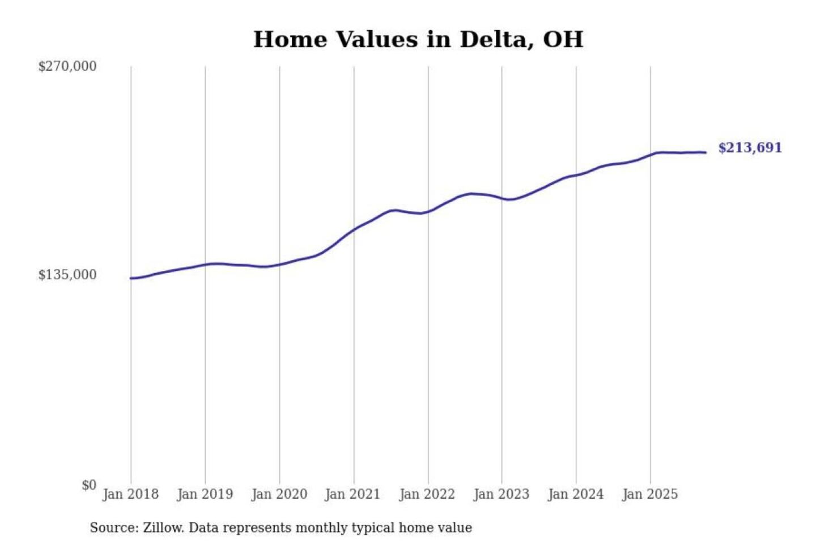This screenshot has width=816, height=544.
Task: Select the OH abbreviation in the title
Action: (563, 40)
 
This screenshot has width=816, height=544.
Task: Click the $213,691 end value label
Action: (750, 148)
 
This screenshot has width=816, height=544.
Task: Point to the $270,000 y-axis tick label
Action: (67, 66)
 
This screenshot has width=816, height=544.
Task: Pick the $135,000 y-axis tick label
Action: (67, 275)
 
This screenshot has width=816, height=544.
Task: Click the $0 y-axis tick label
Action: (89, 485)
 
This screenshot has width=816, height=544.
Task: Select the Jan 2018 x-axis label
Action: (130, 494)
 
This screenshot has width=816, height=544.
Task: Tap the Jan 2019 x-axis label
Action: (205, 494)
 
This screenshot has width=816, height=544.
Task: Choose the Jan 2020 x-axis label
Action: (279, 494)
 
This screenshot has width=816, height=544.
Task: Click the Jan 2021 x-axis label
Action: (352, 494)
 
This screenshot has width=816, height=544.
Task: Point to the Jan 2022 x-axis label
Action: (427, 494)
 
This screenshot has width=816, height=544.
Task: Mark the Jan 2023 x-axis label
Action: (501, 494)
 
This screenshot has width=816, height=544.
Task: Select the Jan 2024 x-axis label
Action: (575, 494)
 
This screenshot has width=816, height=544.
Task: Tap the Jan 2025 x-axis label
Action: (649, 494)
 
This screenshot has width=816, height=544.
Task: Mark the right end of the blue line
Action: (705, 152)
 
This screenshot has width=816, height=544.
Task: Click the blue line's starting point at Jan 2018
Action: (131, 278)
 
